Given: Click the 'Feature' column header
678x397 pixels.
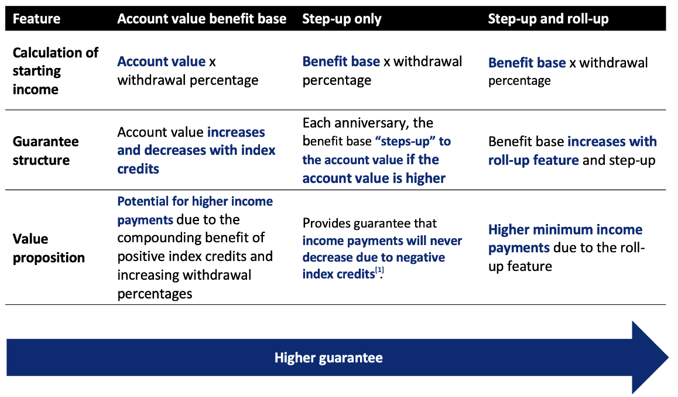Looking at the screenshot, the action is (x=36, y=19).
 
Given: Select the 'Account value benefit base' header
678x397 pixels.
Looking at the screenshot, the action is (x=201, y=19).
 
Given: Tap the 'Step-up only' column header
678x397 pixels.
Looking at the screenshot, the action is (x=341, y=19).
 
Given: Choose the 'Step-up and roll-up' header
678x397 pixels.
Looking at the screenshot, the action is (x=548, y=19).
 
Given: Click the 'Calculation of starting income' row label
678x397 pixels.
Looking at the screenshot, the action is (x=56, y=70).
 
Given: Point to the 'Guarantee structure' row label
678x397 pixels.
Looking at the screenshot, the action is (x=46, y=151).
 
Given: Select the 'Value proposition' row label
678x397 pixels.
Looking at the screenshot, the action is (x=49, y=248).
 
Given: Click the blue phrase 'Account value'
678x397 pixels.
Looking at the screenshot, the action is (x=161, y=62).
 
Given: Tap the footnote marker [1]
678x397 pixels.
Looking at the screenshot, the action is (x=379, y=270).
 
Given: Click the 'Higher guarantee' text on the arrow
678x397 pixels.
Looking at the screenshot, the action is (x=328, y=358).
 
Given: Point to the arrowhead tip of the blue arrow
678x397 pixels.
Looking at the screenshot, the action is (x=669, y=358).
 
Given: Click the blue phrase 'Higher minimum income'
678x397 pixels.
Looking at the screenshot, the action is (x=565, y=229).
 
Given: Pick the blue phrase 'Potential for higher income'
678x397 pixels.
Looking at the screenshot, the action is (x=195, y=201).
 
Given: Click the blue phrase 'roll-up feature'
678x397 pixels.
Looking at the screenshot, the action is (x=533, y=160).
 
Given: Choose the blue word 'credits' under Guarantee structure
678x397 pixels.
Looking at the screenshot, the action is (x=138, y=169).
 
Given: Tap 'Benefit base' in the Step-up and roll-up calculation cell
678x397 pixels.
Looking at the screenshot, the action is (x=527, y=63).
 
